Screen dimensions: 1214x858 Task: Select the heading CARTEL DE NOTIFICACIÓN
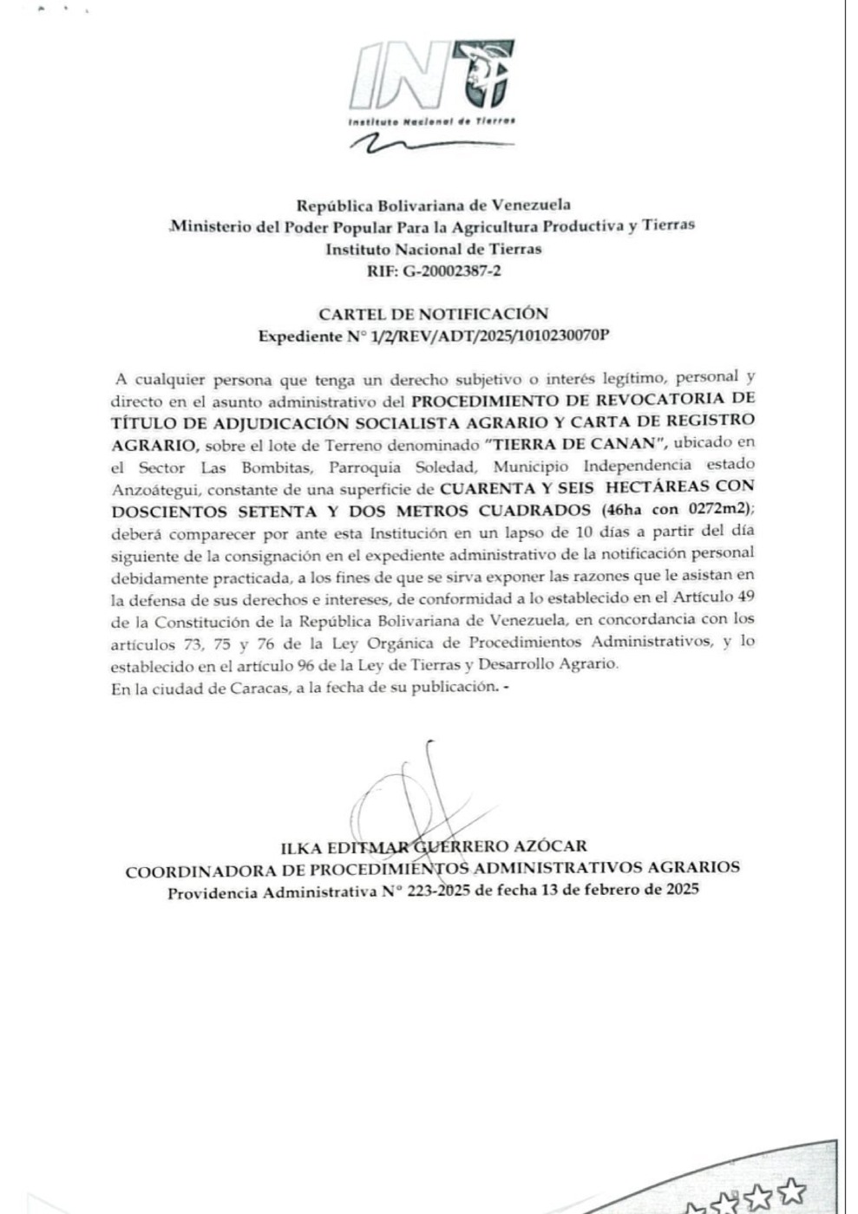tap(433, 314)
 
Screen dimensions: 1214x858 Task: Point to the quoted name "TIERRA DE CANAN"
tap(568, 443)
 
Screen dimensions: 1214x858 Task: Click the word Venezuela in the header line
tap(532, 206)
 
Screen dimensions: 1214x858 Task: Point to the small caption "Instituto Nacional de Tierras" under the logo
tap(431, 121)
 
